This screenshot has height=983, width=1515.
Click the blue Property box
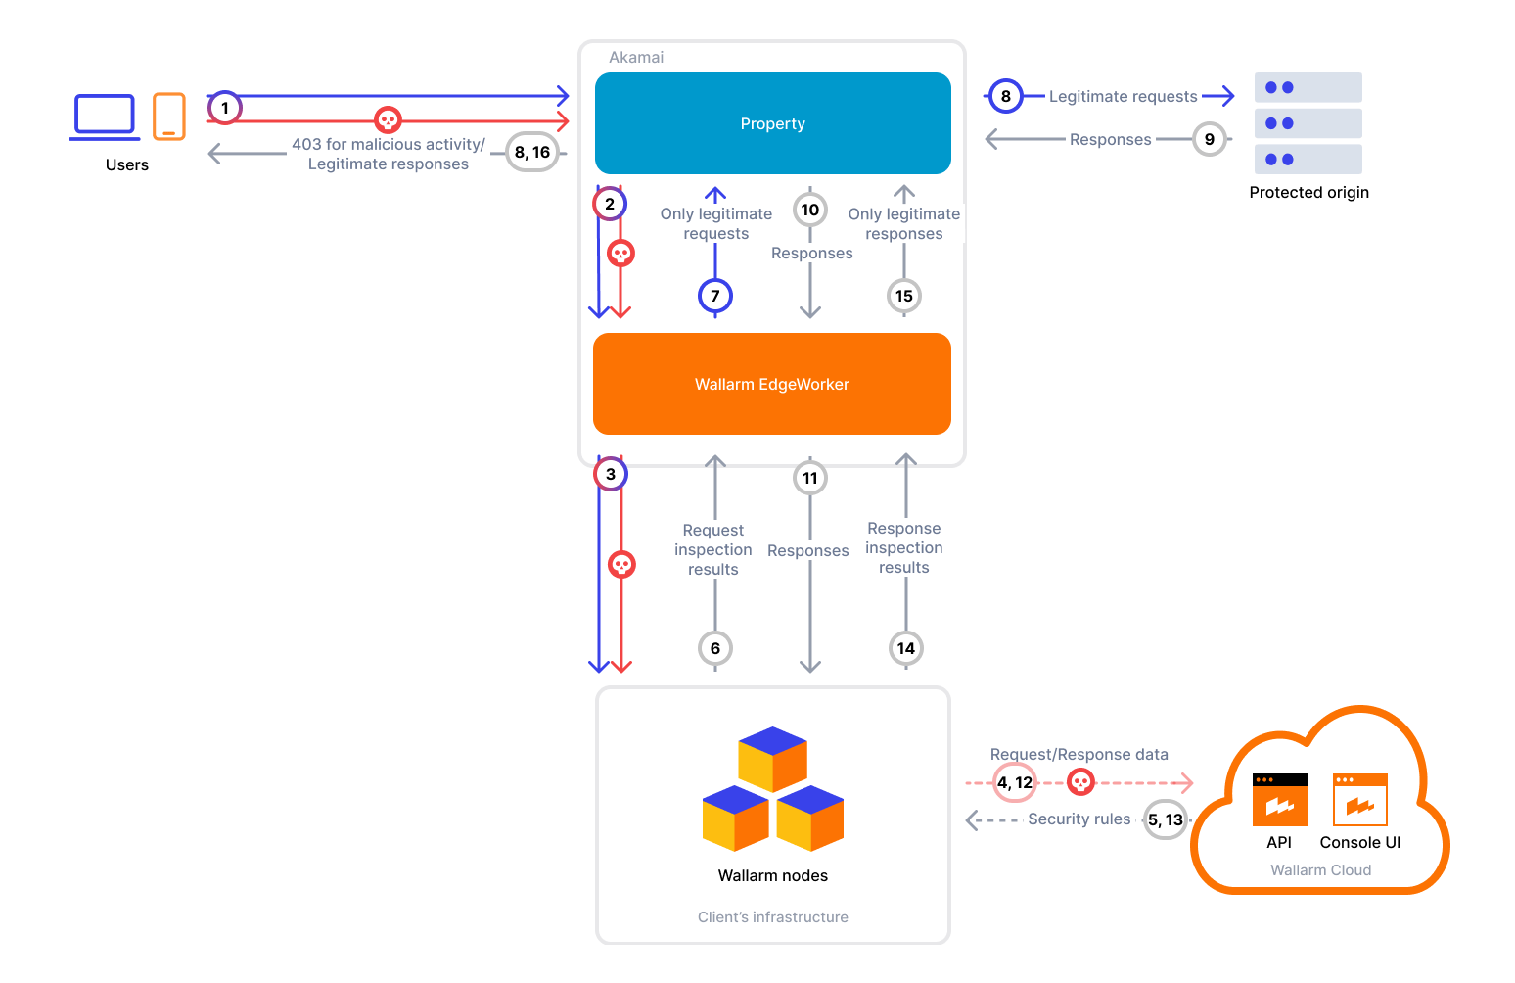(772, 123)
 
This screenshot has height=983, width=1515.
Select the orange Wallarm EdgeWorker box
(772, 384)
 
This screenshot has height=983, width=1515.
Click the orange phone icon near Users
(169, 117)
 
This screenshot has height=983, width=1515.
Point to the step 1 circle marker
(225, 108)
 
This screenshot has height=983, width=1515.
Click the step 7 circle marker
(715, 296)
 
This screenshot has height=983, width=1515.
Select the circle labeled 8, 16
(532, 152)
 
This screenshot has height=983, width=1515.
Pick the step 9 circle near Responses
(1210, 139)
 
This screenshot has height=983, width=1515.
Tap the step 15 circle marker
(904, 296)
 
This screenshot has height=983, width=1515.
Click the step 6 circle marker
(715, 648)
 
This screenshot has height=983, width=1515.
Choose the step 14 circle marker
(906, 648)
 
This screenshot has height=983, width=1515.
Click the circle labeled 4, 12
(1015, 782)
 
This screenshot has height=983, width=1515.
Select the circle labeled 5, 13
(1166, 819)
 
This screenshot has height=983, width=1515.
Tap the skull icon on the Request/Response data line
(1080, 782)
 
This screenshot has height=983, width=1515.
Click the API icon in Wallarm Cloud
(1279, 800)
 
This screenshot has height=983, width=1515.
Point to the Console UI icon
(1359, 800)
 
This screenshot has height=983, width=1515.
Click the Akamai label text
(636, 57)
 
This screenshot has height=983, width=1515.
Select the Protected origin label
(1308, 192)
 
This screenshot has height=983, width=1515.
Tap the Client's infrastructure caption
(772, 916)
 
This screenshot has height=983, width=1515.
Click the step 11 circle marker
(810, 478)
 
